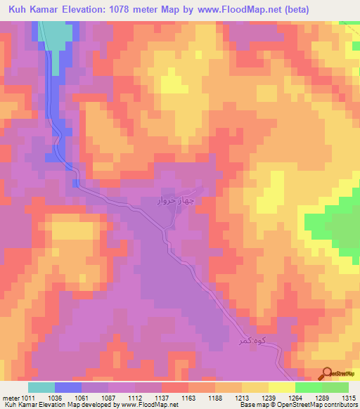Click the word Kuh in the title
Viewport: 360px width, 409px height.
[20, 10]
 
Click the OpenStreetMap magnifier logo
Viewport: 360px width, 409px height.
[327, 375]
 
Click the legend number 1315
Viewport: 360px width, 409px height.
[347, 397]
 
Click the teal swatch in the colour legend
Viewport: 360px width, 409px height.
[41, 387]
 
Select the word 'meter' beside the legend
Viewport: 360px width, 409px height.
[9, 397]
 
